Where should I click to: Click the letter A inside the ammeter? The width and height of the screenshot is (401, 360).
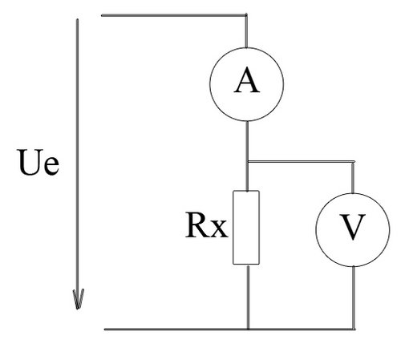point(247,79)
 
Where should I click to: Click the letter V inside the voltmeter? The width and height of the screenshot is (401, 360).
point(353,227)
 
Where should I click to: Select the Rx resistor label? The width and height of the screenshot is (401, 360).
point(206,225)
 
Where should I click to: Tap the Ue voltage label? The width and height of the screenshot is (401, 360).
point(38,162)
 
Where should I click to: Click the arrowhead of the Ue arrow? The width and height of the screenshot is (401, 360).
point(78,299)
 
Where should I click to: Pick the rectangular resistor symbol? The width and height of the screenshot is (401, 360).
point(246,228)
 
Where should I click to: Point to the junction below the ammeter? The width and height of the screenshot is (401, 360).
point(247,161)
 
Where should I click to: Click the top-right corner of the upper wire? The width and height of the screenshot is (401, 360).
point(246,15)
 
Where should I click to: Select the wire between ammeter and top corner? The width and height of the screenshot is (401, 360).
point(246,31)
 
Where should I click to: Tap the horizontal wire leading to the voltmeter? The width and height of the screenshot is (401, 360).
point(301,161)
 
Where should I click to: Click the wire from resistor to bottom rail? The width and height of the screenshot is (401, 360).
point(248,297)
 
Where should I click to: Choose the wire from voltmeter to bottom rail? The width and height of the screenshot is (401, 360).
point(354,297)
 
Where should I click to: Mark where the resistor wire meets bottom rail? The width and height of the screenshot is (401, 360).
point(248,330)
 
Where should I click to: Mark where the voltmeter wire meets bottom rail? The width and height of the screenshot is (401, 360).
point(354,330)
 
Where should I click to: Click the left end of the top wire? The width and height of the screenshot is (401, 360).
point(102,15)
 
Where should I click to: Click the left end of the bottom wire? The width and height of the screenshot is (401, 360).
point(104,330)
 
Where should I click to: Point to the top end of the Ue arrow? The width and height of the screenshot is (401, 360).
point(77,19)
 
